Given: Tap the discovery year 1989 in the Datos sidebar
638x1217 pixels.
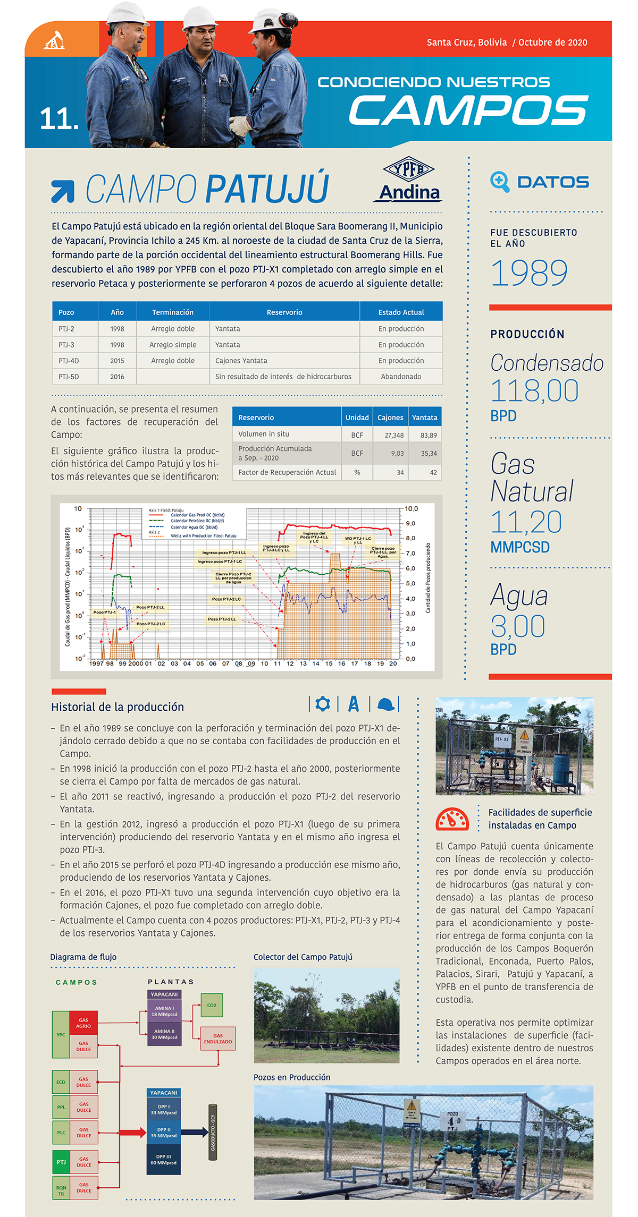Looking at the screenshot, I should click(529, 273).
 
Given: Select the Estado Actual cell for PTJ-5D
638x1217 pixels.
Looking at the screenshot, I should click(401, 377).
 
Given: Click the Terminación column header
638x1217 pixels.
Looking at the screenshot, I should click(173, 312).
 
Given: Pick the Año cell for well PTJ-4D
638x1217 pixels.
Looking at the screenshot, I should click(117, 361).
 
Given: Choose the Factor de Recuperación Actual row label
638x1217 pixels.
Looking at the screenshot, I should click(287, 472).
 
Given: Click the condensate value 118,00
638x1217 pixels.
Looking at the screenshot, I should click(534, 391).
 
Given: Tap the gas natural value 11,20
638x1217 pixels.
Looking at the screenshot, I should click(526, 522).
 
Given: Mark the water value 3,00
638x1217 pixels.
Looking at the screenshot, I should click(518, 626).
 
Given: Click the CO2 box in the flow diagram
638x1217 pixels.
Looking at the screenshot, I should click(212, 1005).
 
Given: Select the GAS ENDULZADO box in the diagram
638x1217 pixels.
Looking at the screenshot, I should click(218, 1039).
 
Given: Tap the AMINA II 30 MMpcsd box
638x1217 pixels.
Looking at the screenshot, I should click(164, 1034).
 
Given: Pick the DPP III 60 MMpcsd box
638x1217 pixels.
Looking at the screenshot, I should click(163, 1160).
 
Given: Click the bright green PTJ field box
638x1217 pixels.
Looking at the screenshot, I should click(61, 1162).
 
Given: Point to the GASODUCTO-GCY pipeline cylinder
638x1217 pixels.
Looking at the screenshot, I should click(213, 1131).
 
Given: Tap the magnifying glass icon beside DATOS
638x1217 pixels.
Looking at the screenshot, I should click(500, 182).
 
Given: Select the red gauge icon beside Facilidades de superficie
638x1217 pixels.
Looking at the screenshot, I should click(452, 820).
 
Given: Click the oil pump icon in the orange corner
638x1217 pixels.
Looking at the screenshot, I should click(54, 40).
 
